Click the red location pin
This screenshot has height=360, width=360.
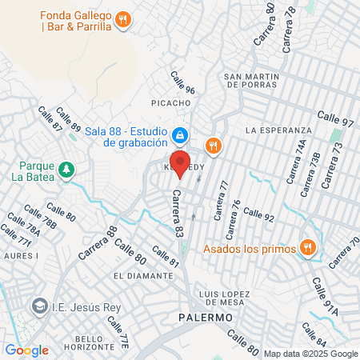[180, 163]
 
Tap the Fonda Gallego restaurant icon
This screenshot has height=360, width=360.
[122, 20]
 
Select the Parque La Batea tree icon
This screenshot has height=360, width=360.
[66, 169]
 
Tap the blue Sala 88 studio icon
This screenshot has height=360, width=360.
[182, 135]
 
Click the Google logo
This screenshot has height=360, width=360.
[26, 350]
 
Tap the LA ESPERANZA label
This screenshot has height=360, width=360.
[278, 130]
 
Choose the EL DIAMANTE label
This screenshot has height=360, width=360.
[144, 275]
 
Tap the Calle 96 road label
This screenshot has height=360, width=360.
[182, 82]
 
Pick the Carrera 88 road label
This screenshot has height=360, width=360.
[98, 244]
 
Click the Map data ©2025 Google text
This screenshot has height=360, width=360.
[311, 354]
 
